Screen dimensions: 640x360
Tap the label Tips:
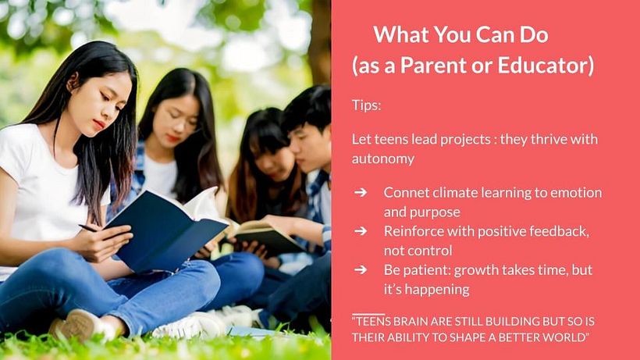click(x=366, y=105)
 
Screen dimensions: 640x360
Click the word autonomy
click(x=383, y=159)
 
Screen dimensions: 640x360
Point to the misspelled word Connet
click(x=406, y=192)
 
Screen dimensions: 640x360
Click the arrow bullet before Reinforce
click(x=361, y=231)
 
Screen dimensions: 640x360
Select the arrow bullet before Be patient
click(x=361, y=269)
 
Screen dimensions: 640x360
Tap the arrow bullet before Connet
click(x=361, y=192)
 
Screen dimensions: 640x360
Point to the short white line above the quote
click(x=368, y=313)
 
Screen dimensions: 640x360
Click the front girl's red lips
click(x=99, y=123)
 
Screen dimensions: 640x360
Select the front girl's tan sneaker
click(x=77, y=325)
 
